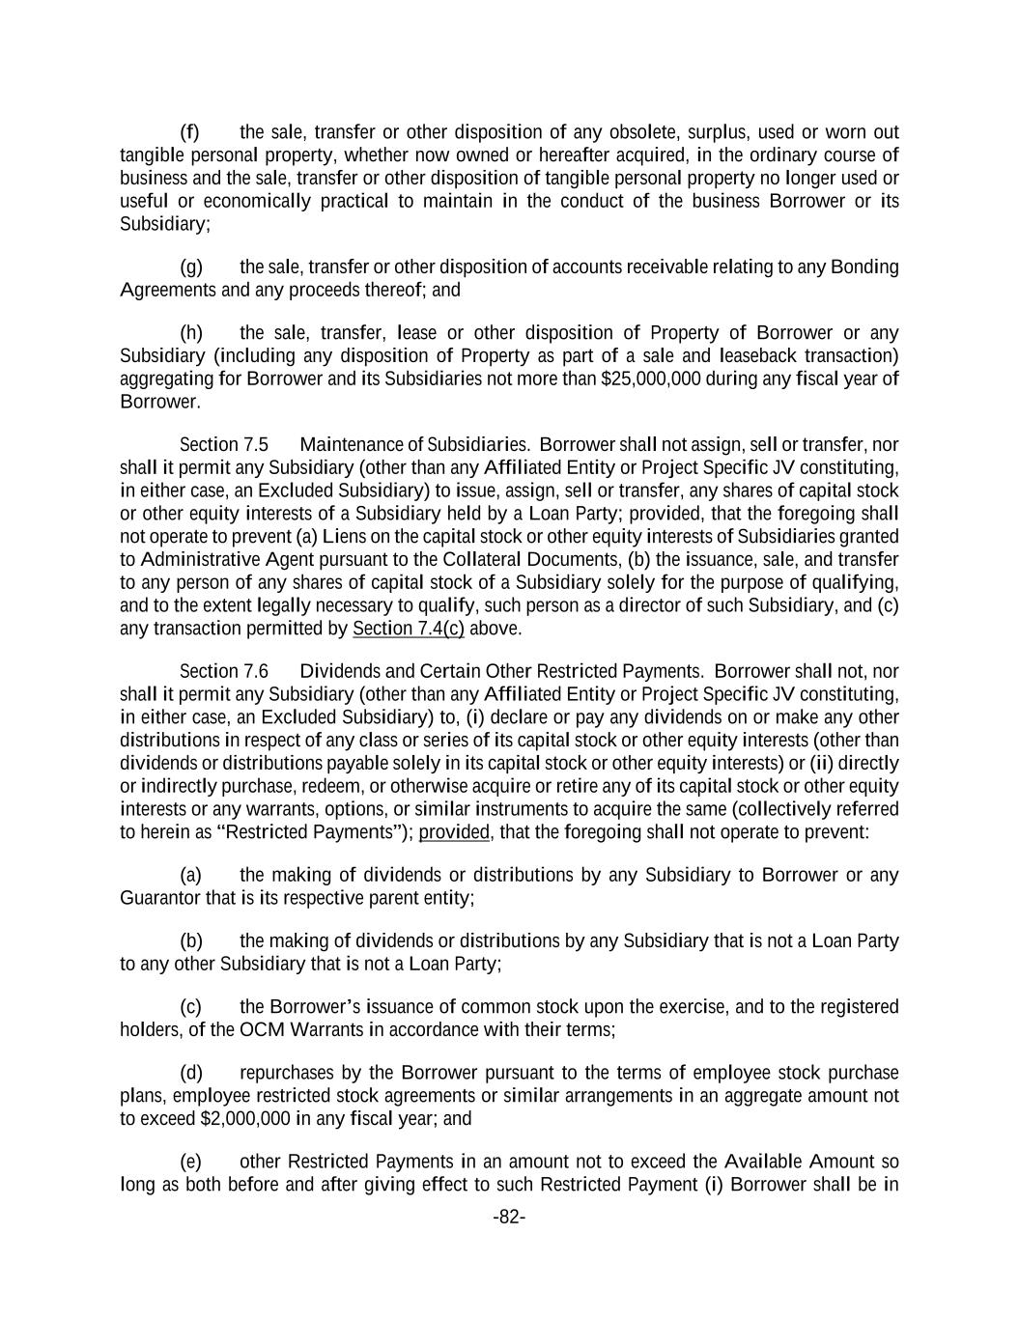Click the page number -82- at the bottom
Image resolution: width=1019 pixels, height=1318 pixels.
[509, 1218]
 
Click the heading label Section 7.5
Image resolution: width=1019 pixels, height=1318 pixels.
[224, 445]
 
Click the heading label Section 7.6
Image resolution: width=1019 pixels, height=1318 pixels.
[224, 671]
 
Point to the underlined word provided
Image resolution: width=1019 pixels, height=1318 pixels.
[454, 831]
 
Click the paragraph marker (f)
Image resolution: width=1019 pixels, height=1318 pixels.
[189, 132]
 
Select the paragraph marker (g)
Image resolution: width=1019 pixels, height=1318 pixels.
[190, 266]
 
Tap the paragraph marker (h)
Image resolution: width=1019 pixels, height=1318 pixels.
[190, 333]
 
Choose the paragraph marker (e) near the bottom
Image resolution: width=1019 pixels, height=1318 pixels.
[190, 1162]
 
